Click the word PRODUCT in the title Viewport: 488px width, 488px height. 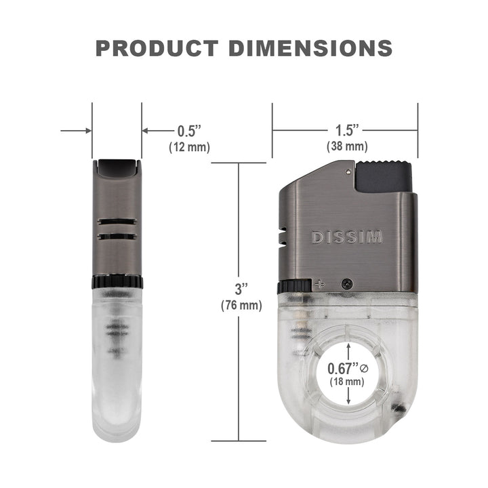click(x=157, y=48)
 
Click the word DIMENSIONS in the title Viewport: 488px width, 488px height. click(x=310, y=48)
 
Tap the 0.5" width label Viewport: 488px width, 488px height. click(x=189, y=131)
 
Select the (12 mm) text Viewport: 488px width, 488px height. click(x=189, y=147)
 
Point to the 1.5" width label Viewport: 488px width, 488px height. click(x=347, y=130)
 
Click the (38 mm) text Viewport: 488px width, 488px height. click(x=347, y=146)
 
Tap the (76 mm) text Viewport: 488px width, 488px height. click(x=241, y=305)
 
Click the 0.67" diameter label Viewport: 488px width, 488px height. click(x=343, y=369)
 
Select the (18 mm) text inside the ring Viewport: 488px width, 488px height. click(x=347, y=381)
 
